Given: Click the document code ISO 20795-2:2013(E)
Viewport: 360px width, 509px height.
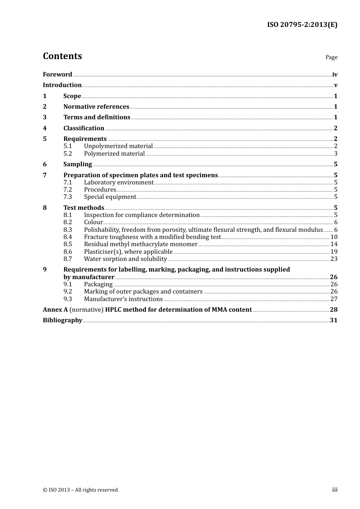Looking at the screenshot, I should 302,25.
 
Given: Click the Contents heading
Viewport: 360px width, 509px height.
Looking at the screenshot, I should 62,56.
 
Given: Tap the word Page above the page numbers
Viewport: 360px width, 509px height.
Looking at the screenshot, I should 331,57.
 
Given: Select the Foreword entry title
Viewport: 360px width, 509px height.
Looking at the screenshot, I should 57,75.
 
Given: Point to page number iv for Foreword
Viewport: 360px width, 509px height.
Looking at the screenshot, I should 335,75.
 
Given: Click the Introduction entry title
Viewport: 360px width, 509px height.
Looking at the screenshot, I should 62,85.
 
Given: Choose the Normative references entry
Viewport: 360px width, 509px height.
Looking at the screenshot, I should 96,107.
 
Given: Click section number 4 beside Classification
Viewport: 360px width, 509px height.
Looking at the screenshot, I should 45,128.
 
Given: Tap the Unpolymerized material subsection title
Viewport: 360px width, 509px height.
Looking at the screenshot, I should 118,146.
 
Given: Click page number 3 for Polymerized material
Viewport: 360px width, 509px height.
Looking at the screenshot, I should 336,154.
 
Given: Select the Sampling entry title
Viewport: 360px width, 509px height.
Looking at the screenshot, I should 78,164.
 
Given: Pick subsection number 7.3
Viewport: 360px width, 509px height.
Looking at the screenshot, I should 67,197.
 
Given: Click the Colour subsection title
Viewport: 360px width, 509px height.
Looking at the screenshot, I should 93,222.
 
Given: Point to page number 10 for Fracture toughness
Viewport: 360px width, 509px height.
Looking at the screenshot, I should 334,237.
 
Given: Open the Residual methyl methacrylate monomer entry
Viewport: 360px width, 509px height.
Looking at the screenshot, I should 141,244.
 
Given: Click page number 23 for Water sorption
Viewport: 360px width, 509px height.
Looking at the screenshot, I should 334,259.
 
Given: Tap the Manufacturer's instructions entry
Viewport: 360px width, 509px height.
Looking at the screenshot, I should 123,299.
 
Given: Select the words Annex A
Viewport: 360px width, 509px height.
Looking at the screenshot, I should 55,310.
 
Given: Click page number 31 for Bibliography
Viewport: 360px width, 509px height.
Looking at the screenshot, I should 333,320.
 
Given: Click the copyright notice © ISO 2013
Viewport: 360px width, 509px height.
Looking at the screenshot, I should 80,490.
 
